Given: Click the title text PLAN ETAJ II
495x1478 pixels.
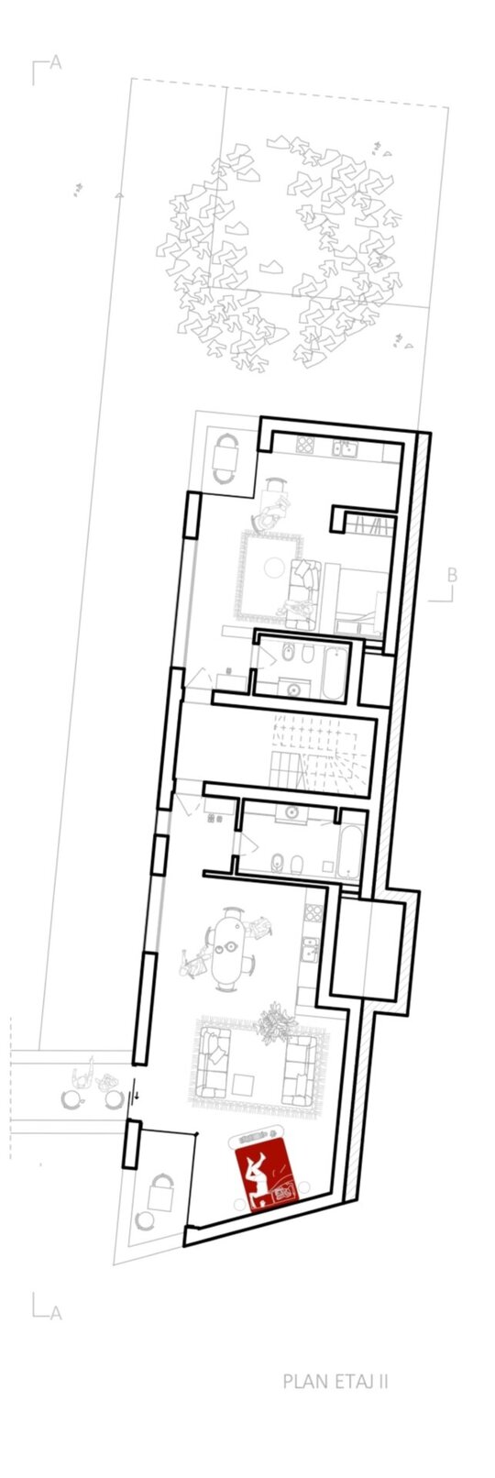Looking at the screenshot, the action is (335, 1363).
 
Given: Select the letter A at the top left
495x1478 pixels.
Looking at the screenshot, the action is (56, 62).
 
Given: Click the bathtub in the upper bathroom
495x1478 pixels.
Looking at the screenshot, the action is (335, 672).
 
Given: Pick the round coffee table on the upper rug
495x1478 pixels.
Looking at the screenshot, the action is (273, 566).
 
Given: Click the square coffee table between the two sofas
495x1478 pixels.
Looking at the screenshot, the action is (244, 1083).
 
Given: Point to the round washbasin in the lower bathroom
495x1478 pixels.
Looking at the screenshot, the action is (291, 811).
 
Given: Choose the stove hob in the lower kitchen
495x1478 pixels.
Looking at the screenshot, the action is (313, 911).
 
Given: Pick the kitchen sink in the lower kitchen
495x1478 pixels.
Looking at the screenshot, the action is (309, 949).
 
